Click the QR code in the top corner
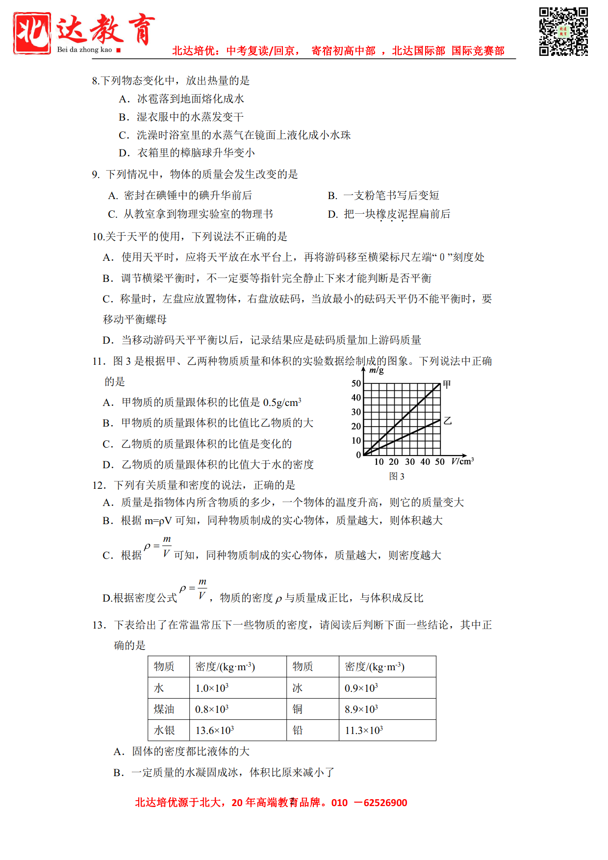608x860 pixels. coord(563,31)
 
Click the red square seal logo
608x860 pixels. coord(32,33)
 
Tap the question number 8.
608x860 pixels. coord(95,81)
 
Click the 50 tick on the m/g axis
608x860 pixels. coord(356,383)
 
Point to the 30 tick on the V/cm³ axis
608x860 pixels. coord(410,462)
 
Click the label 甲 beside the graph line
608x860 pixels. coord(447,384)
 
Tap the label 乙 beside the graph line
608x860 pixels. coord(448,421)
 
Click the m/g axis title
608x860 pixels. coord(376,370)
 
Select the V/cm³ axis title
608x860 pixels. coord(462,461)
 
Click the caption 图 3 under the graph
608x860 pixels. coord(396,476)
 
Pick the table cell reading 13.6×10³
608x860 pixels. coord(214,731)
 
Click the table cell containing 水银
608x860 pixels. coord(164,731)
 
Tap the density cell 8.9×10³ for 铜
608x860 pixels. coord(361,709)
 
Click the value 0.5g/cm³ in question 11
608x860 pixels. coord(282,403)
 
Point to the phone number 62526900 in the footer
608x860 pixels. coord(385,803)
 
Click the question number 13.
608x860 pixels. coord(99,625)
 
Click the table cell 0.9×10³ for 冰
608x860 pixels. coord(361,688)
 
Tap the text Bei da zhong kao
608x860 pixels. coord(84,50)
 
